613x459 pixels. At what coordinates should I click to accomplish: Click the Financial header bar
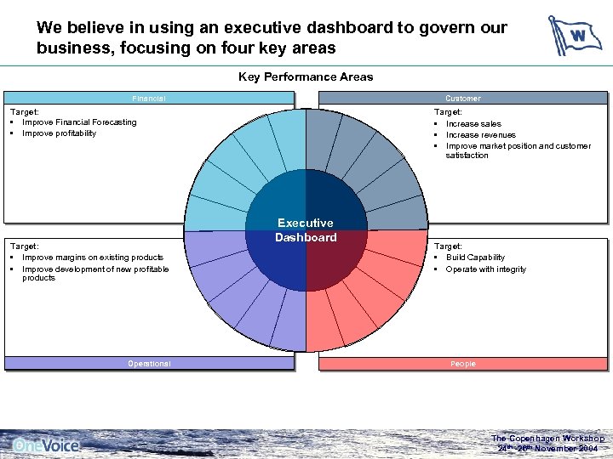pos(149,99)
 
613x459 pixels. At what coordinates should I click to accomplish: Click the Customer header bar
pos(462,99)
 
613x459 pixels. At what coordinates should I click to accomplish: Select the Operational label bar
pos(149,364)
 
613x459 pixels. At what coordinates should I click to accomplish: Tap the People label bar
pos(462,364)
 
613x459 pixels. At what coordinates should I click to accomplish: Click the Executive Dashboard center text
pos(306,230)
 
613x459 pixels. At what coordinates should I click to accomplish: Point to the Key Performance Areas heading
pos(306,77)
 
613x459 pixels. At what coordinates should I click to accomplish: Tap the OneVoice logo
pos(47,445)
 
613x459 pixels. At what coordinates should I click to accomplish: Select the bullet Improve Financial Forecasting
pos(78,122)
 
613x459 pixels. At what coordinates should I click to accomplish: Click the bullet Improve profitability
pos(59,133)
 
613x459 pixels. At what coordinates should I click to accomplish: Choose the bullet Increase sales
pos(473,124)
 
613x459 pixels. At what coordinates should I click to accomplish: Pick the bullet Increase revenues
pos(480,135)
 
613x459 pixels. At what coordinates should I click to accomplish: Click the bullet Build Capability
pos(475,258)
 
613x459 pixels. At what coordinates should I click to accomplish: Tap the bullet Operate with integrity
pos(485,269)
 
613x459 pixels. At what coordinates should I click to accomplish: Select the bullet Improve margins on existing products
pos(92,258)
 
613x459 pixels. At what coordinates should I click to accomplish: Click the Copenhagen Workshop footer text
pos(547,439)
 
